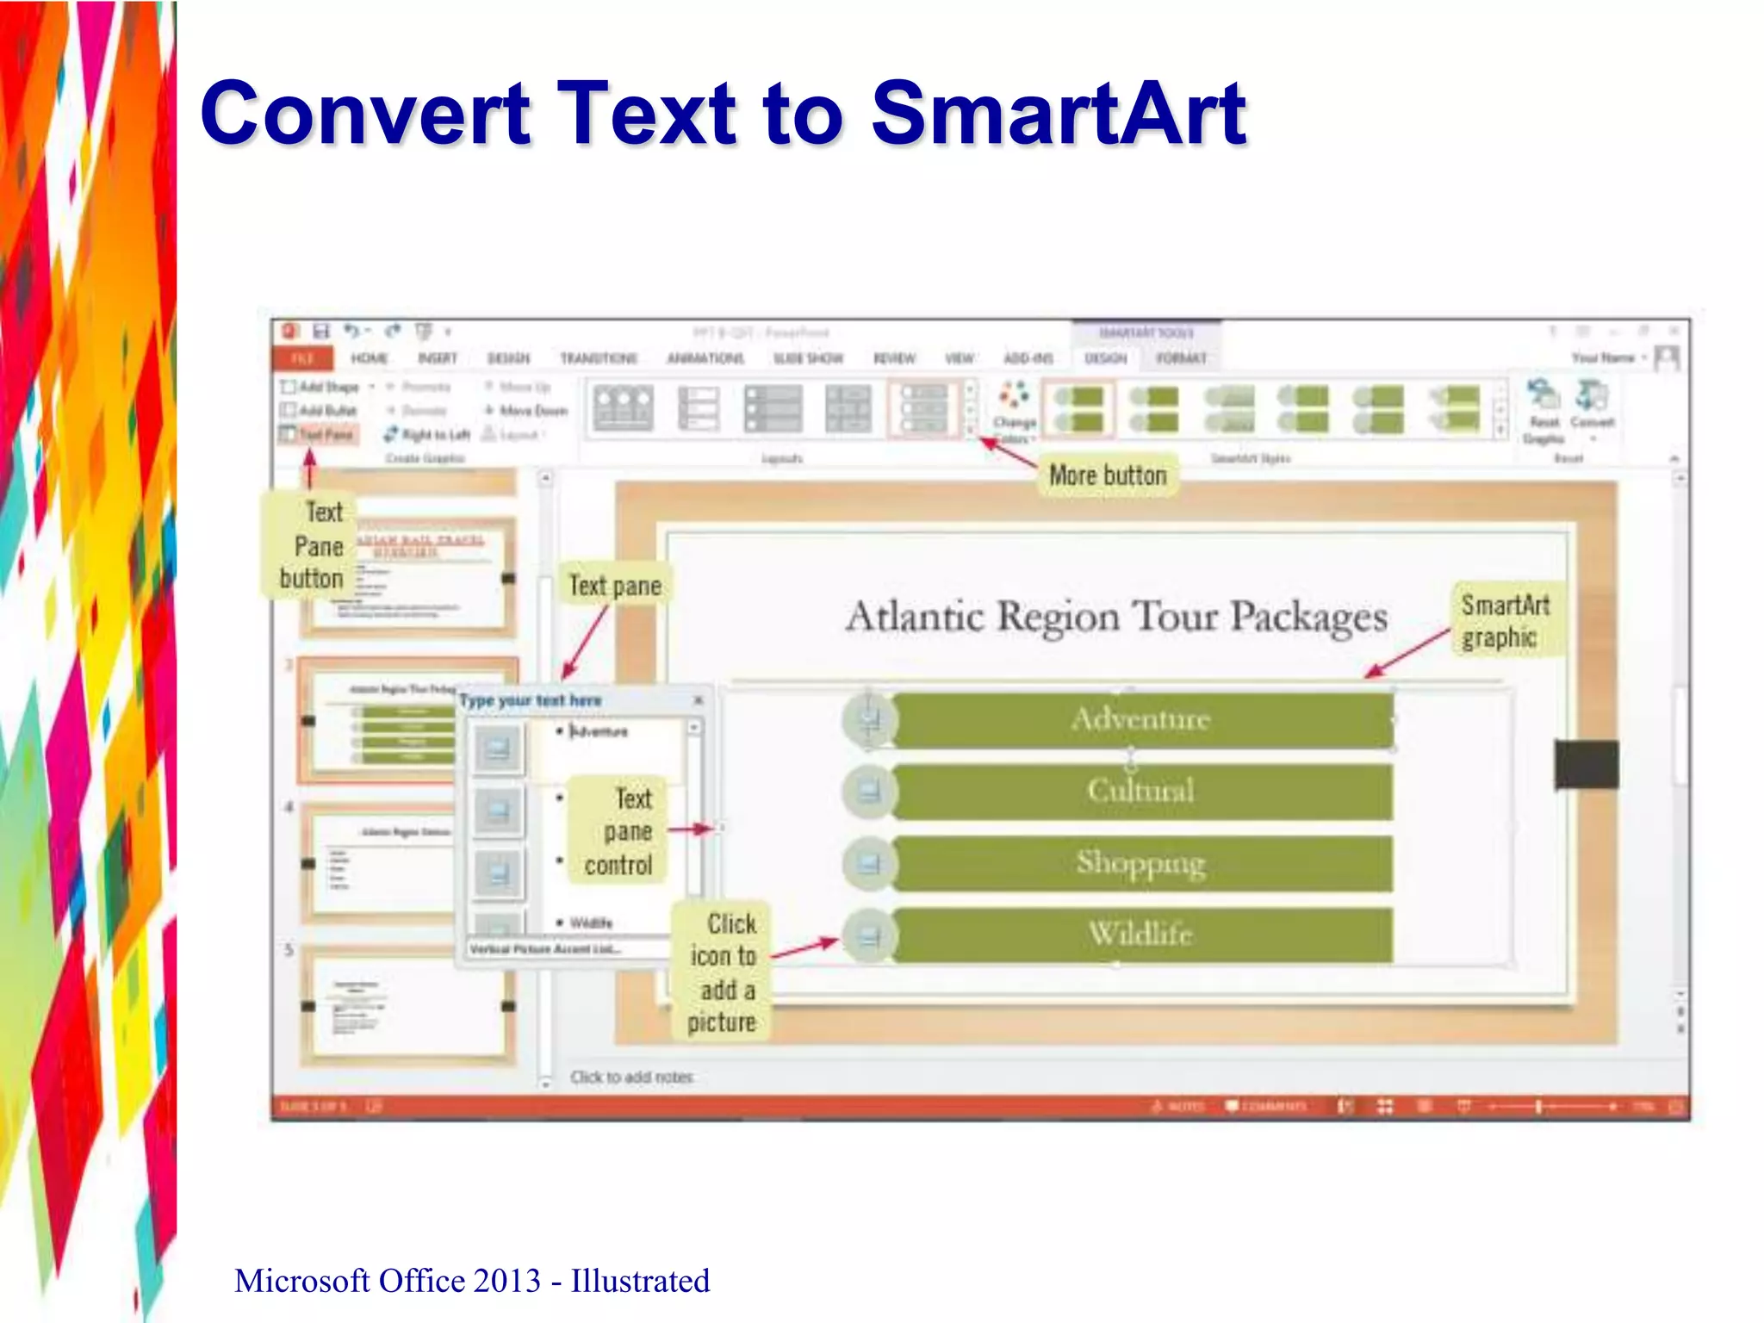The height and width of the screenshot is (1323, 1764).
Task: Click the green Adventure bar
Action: click(1141, 719)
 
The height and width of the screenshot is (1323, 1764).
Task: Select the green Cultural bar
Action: click(1141, 791)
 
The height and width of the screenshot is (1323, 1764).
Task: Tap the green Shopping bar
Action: click(1141, 862)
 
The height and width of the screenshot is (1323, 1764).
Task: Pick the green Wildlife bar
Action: click(1141, 934)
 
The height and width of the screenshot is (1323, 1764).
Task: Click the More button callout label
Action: click(1107, 475)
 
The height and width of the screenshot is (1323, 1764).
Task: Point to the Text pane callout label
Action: click(615, 586)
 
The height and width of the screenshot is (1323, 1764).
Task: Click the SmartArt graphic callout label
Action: click(1505, 621)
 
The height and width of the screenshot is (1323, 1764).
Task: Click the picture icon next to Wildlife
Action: click(869, 935)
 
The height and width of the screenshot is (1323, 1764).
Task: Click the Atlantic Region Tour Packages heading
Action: click(1116, 617)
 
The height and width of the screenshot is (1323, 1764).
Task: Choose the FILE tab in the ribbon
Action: click(301, 358)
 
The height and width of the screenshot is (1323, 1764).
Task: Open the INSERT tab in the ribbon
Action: click(437, 358)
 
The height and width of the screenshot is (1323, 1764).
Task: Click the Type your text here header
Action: click(531, 700)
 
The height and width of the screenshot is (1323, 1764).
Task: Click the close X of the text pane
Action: click(698, 700)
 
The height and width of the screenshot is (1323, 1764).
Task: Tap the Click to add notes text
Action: click(631, 1077)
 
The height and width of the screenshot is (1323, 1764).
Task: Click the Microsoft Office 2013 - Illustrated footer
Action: click(472, 1281)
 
